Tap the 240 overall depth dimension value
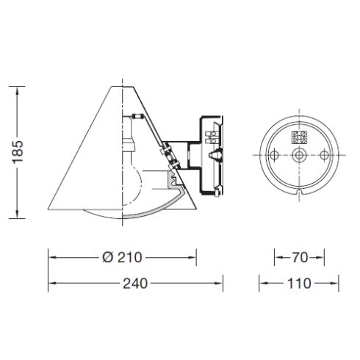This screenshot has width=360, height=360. point(136,283)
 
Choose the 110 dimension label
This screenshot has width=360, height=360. point(299,283)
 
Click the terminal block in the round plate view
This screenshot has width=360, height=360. point(299,137)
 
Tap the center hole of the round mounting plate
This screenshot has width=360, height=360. point(299,156)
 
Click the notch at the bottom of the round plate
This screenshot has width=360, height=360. point(299,192)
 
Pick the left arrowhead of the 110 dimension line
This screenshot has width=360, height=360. point(262,283)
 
